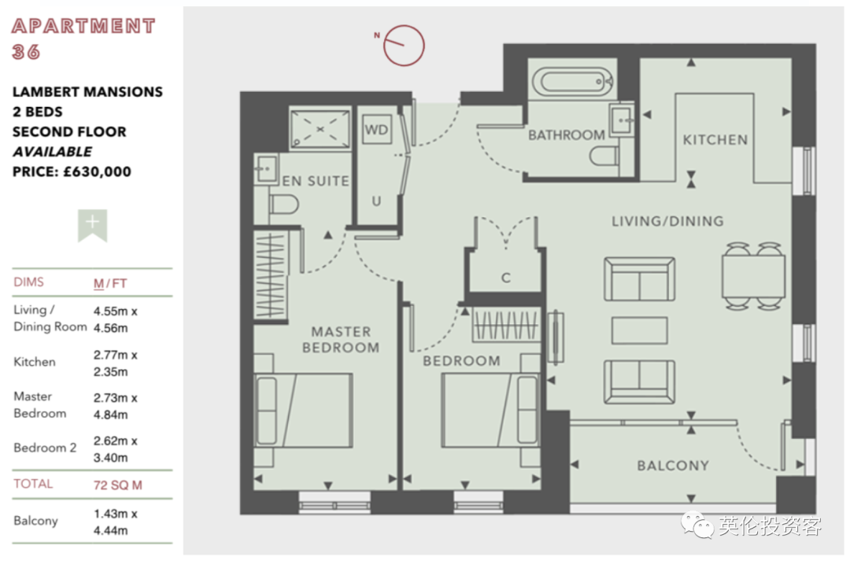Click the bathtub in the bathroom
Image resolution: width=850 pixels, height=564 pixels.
point(572,83)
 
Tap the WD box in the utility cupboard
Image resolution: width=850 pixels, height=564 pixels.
point(376,129)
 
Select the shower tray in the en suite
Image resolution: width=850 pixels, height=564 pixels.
point(320,129)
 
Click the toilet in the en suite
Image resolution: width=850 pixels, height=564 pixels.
point(284,205)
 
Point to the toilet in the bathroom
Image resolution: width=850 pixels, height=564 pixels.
point(604,157)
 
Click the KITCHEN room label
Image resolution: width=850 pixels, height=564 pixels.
point(715,140)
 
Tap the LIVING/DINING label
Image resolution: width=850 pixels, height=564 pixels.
point(667,221)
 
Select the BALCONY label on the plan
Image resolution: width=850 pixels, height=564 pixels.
point(673,466)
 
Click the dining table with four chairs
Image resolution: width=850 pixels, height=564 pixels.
point(753,276)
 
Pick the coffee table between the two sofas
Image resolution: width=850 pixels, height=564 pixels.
point(639,330)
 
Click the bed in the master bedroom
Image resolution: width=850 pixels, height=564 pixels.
point(304,410)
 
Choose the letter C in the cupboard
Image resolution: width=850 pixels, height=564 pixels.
point(506,278)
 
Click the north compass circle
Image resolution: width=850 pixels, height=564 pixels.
point(404,46)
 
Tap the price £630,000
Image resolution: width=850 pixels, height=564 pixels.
point(97,171)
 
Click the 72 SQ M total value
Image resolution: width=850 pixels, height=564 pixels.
point(117,485)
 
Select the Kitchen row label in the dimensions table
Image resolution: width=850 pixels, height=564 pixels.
point(34,362)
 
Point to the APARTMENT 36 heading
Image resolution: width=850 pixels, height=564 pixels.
point(83,39)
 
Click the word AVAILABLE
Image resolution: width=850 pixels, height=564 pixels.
point(52,152)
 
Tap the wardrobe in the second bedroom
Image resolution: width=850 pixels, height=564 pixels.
point(506,325)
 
